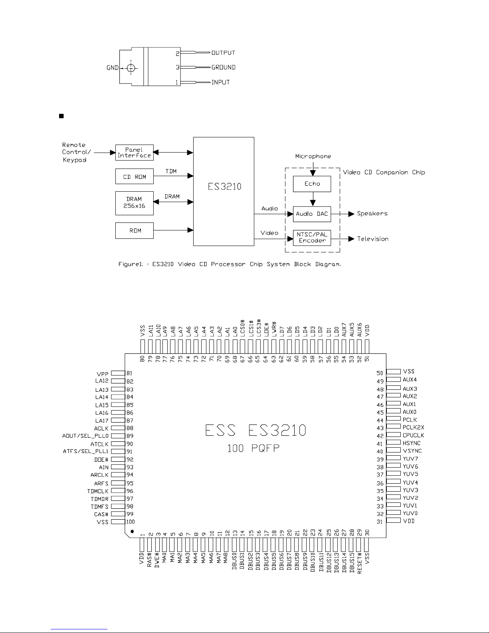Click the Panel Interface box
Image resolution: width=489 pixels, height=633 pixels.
point(135,152)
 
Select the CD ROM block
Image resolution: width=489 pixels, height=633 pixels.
point(135,176)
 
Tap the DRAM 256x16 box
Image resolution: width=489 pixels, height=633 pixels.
point(135,203)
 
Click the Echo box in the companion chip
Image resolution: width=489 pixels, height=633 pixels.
point(312,184)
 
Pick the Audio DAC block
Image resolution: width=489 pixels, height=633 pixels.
point(312,214)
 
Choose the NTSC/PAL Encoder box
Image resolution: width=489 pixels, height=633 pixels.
point(312,238)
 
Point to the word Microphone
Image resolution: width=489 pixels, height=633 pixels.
point(313,157)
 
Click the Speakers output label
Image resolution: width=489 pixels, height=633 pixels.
point(372,214)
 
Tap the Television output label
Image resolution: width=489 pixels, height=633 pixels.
point(373,239)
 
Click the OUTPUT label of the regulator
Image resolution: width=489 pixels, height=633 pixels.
point(223,53)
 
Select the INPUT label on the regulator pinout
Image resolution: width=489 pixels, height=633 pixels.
point(221,82)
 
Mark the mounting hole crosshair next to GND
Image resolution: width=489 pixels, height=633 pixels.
point(131,68)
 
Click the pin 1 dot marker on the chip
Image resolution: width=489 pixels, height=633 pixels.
point(132,531)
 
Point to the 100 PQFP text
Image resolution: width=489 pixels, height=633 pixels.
point(253,448)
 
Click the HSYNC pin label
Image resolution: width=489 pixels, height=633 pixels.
point(412,443)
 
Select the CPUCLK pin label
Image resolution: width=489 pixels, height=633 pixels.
point(413,435)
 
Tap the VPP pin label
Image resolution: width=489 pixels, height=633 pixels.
point(103,374)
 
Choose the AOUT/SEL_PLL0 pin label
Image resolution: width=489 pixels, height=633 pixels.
point(85,436)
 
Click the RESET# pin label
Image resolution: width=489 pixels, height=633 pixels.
point(360,564)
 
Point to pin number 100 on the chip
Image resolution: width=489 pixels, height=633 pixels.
point(131,522)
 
